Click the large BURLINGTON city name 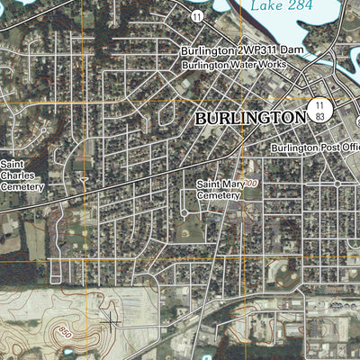(250, 118)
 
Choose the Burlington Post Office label (315, 147)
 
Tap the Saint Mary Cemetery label (220, 189)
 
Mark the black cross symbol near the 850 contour (111, 317)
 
